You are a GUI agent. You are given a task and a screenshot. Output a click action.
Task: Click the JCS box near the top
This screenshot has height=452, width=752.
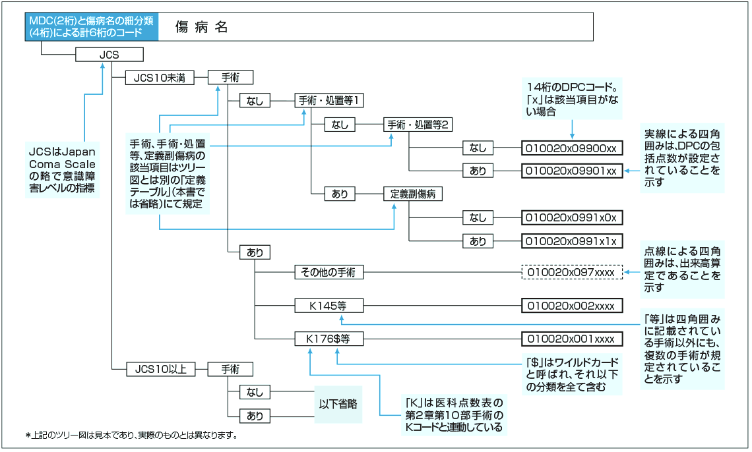109,55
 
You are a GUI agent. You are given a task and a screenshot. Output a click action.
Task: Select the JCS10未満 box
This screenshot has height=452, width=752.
160,78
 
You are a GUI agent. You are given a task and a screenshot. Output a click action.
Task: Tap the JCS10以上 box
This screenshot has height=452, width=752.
160,369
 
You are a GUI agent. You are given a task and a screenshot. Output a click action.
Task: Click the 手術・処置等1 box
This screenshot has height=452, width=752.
329,101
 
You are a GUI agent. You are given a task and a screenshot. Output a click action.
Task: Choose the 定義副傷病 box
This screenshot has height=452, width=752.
413,194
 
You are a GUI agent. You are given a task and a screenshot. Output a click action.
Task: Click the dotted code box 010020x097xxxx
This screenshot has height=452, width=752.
572,272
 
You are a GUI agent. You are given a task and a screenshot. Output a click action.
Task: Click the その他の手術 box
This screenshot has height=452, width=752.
329,272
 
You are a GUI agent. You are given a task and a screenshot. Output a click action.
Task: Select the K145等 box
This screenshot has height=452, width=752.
329,306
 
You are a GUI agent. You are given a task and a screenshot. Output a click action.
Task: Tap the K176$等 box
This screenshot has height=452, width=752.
329,339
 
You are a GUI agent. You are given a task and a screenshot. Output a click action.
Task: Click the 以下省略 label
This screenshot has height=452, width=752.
338,404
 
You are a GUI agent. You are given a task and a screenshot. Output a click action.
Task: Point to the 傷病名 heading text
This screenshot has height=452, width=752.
202,27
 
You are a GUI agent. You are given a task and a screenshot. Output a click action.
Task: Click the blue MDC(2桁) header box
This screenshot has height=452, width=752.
92,26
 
